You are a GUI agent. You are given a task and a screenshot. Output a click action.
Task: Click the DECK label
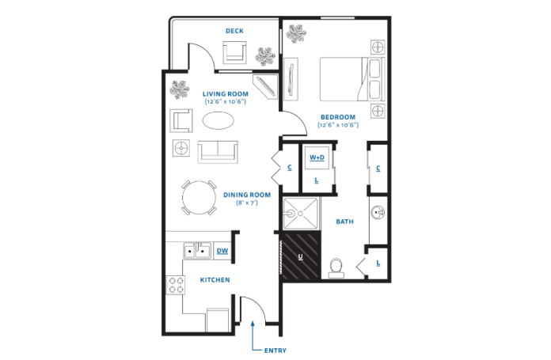tap(234, 31)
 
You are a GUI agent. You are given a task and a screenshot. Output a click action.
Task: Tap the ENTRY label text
tap(275, 351)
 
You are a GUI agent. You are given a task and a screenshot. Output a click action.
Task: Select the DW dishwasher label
tap(222, 251)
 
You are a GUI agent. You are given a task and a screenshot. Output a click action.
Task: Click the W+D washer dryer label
tap(317, 157)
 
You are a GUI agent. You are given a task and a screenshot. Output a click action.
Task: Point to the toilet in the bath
tap(336, 268)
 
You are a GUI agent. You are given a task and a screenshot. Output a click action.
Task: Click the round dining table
tap(199, 197)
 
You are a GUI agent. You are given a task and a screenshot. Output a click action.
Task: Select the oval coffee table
tap(218, 120)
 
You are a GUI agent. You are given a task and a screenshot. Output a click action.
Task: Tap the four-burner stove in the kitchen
tap(176, 285)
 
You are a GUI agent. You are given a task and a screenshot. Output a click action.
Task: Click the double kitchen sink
tap(197, 251)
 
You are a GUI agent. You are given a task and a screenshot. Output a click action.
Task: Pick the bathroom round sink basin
tap(378, 213)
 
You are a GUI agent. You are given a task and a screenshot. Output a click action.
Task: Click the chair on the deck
tap(234, 52)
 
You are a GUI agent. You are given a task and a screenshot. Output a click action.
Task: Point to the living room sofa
tap(218, 152)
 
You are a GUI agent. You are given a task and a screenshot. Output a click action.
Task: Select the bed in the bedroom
tap(352, 79)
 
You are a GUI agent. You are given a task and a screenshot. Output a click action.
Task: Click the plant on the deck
tap(265, 56)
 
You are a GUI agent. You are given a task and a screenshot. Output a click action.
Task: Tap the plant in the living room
tap(180, 89)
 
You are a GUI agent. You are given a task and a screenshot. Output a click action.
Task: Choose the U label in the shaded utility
tap(301, 256)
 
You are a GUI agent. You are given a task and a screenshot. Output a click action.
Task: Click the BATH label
tap(344, 222)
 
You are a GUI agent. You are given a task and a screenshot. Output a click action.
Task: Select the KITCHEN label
tap(215, 280)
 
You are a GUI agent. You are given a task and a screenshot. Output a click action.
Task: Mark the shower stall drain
tap(301, 214)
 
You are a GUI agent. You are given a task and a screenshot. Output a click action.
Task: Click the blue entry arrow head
tap(253, 324)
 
